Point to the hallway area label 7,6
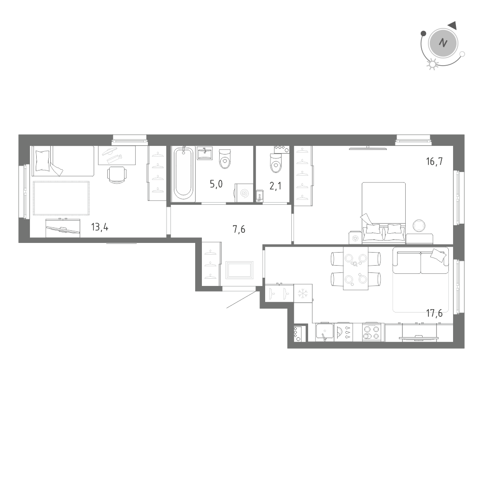(x=239, y=229)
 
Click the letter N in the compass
(x=442, y=43)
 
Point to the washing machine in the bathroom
(x=244, y=193)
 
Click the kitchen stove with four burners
(x=371, y=332)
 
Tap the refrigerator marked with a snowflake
(x=303, y=293)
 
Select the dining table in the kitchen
(x=355, y=269)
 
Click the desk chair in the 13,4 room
(x=117, y=175)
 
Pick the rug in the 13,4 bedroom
(x=61, y=198)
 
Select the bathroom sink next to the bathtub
(x=205, y=154)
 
